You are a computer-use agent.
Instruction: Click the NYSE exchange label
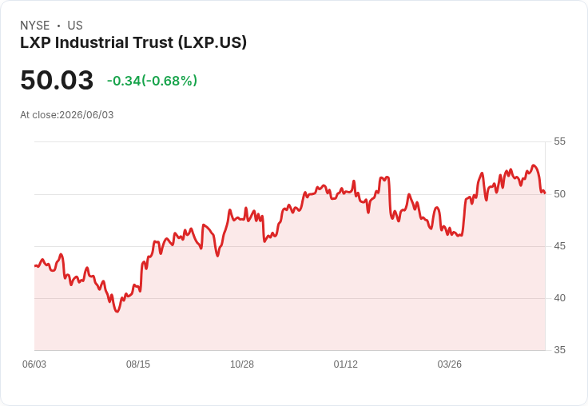tap(35, 26)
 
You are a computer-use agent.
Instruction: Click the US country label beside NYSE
tap(75, 26)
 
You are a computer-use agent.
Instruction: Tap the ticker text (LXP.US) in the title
tap(213, 43)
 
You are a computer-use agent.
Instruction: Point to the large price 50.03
tap(57, 80)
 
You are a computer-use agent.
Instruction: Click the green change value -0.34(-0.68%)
tap(152, 81)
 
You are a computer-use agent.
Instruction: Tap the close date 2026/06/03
tap(86, 115)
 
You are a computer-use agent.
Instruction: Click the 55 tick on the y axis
tap(559, 141)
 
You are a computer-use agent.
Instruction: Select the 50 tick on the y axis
tap(559, 194)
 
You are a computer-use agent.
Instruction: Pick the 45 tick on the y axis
tap(559, 246)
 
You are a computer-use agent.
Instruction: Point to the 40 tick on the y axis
tap(559, 298)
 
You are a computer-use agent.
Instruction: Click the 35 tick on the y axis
tap(559, 350)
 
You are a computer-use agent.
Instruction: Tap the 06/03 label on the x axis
tap(34, 364)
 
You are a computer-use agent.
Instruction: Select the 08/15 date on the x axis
tap(138, 364)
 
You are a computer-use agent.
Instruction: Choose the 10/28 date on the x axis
tap(242, 364)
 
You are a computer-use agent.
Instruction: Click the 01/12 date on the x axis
tap(346, 364)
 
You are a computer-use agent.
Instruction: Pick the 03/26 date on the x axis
tap(449, 364)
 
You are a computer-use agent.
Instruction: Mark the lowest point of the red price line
tap(117, 312)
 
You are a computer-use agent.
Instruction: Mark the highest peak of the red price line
tap(534, 165)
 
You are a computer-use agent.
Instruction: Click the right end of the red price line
tap(545, 193)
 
